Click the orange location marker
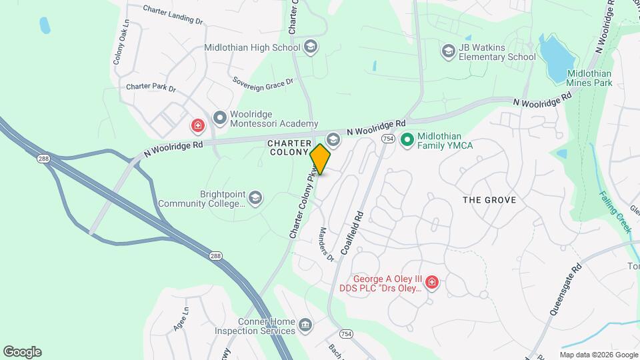(320, 159)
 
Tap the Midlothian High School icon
(310, 47)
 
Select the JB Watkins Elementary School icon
(449, 51)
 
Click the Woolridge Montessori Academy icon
(219, 119)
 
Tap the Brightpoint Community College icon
(255, 198)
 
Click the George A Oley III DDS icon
(432, 283)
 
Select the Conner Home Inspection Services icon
(305, 325)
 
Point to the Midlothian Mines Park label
(589, 79)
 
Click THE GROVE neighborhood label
(489, 200)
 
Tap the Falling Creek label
(615, 211)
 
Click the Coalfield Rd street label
(351, 233)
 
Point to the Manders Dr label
(326, 244)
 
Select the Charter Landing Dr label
(173, 15)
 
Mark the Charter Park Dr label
(151, 87)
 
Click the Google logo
(22, 351)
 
